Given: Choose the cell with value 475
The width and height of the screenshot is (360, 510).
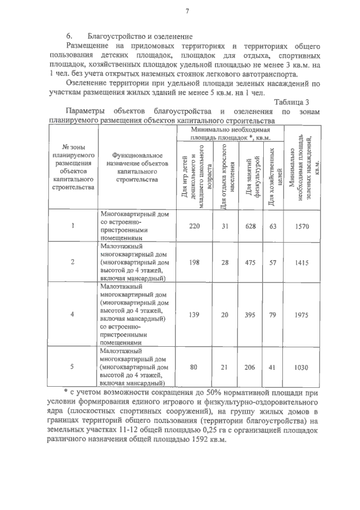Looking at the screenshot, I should coord(254,262).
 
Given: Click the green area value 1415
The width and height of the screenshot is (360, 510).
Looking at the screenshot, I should coord(301,262).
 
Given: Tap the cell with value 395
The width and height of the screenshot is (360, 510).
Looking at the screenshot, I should coord(254,315).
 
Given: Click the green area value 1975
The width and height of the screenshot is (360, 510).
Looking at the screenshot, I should coord(301,315).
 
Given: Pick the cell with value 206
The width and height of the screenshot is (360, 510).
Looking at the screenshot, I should coord(254,367).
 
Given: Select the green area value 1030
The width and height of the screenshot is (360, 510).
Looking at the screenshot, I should coord(301,367).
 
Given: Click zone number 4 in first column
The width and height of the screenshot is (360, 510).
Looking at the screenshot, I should coord(73,315).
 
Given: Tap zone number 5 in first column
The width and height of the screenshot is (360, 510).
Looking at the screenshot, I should coord(73,367).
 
